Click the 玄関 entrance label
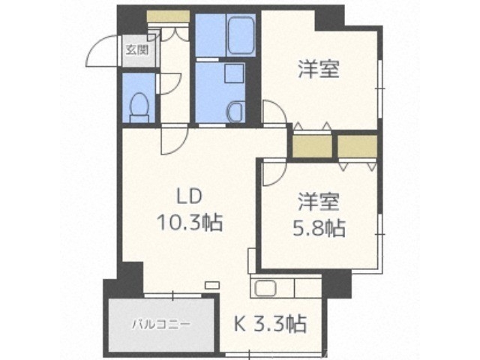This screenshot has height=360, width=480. coord(136,51)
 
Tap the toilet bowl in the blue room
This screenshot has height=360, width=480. coord(139,107)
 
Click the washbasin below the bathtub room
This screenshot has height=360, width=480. coord(235,112)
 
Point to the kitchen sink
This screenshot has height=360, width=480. coord(266,287)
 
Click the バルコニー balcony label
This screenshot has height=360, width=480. coord(162,325)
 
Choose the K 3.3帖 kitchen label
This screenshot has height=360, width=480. coord(271,325)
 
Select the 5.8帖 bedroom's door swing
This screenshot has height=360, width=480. coord(273,172)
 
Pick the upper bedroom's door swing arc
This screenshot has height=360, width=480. coord(274,112)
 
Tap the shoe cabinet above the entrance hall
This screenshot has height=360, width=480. coord(168,16)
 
